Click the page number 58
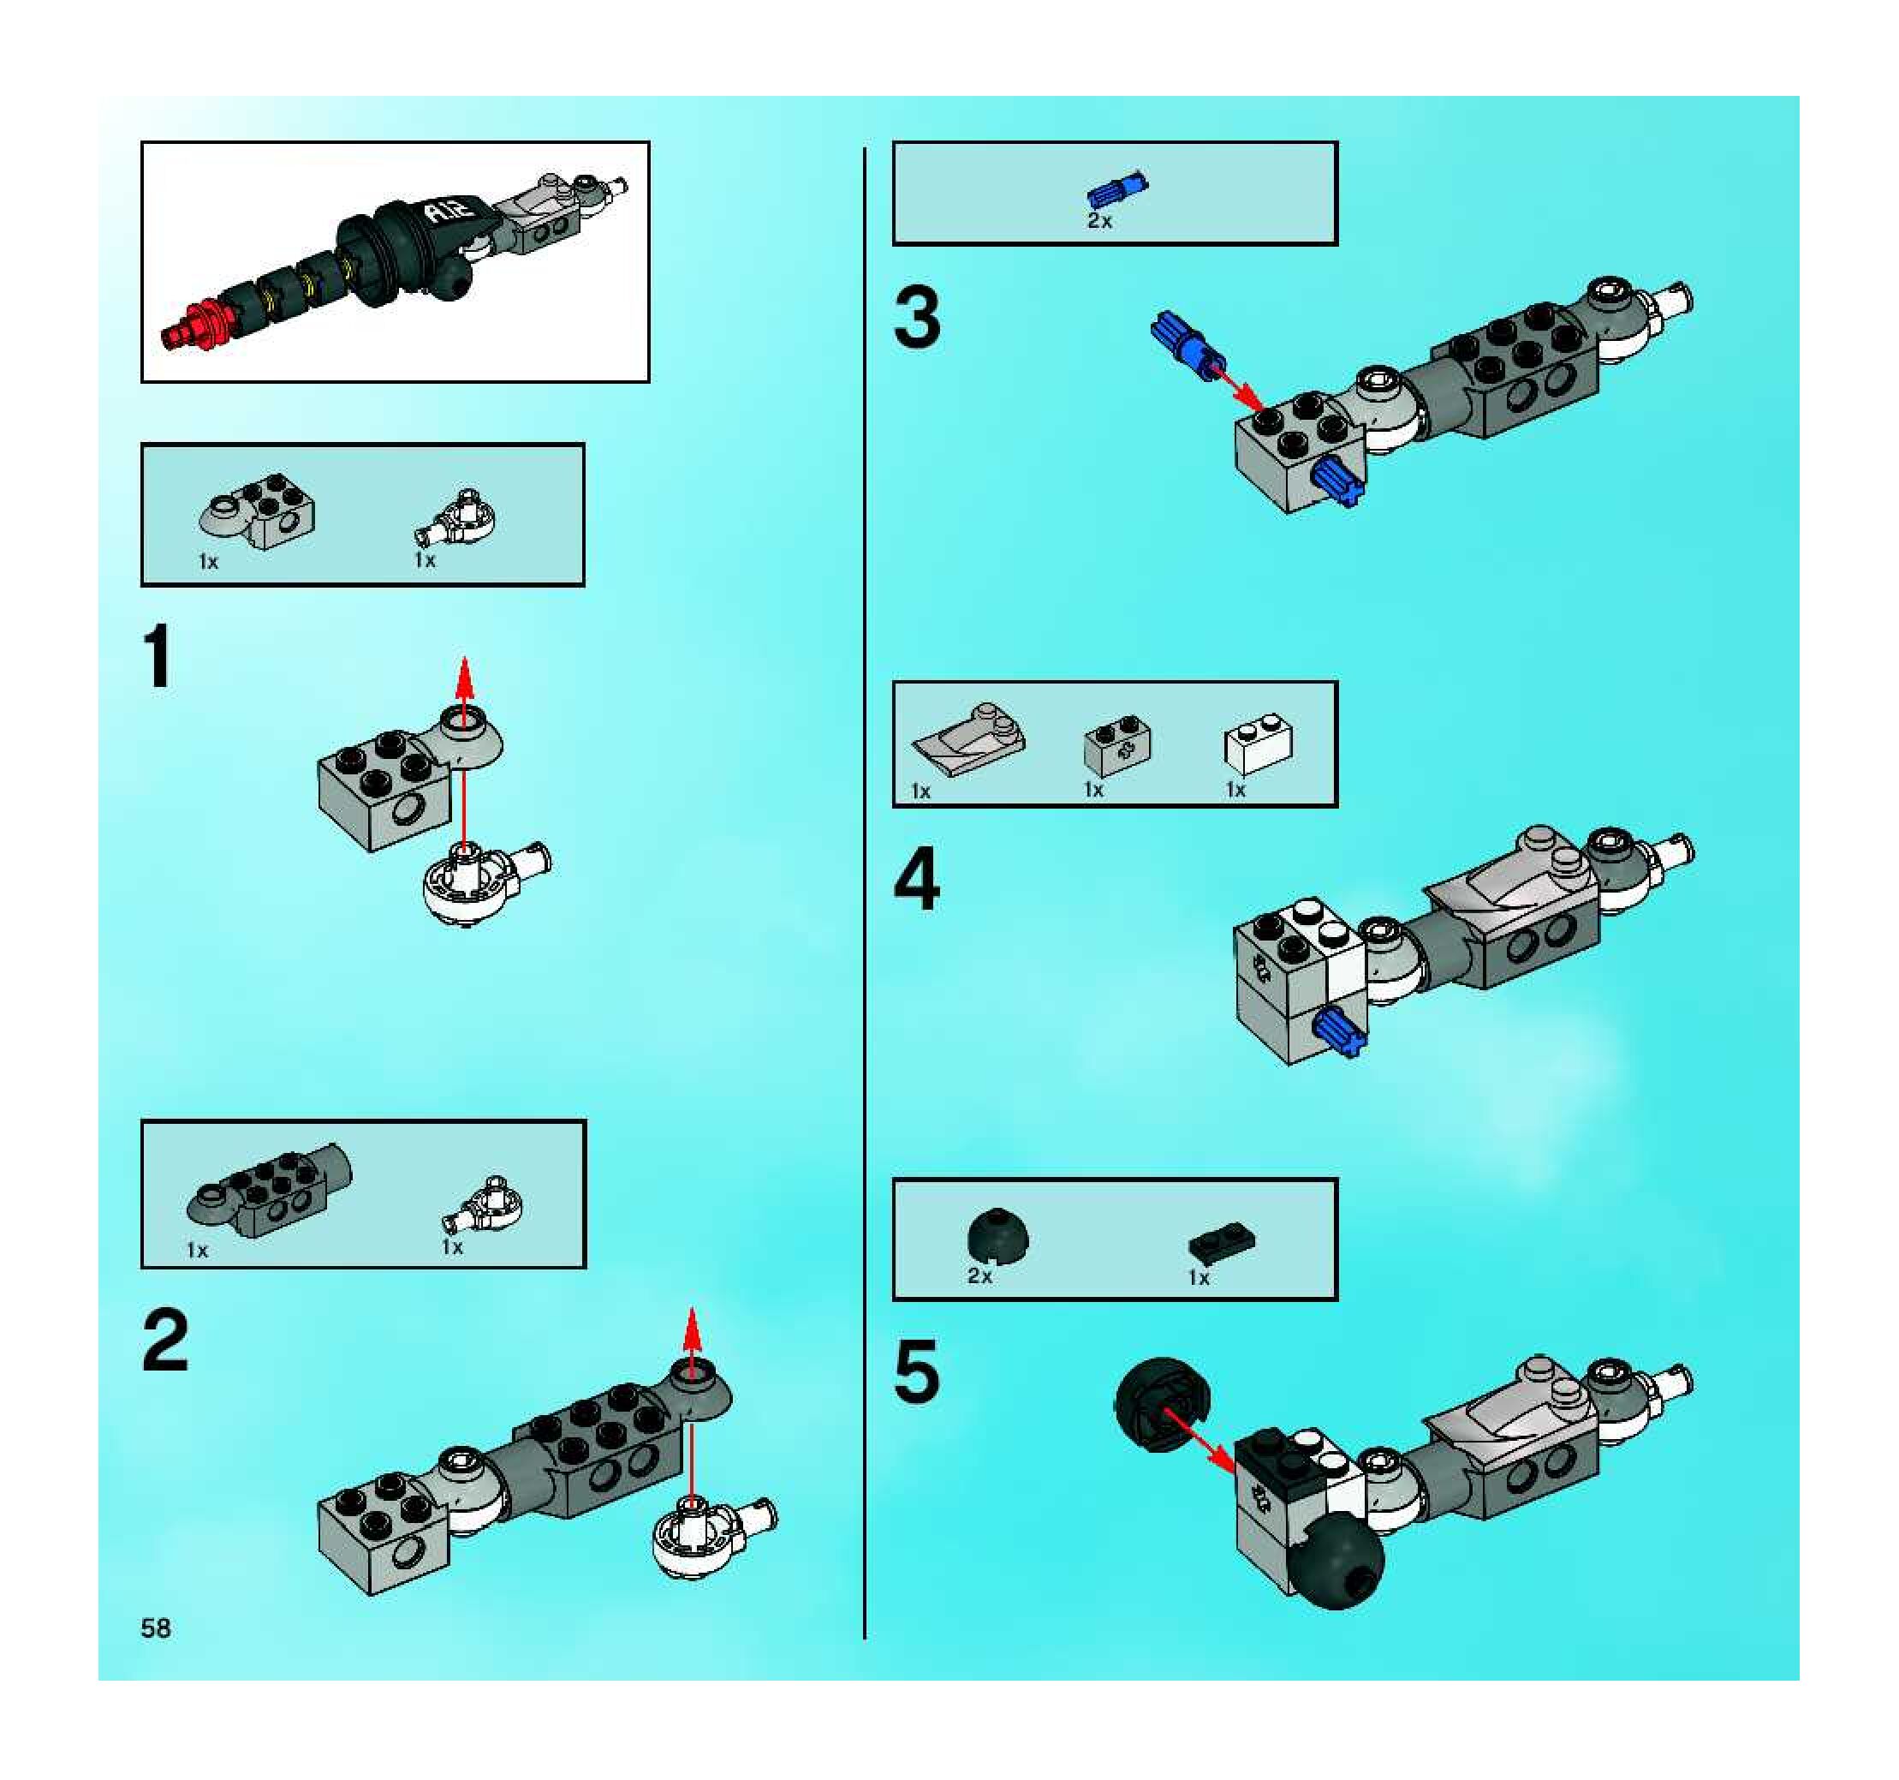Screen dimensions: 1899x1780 click(156, 1628)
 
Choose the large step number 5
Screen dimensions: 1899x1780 click(917, 1371)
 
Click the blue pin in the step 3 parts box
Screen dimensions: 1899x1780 click(1117, 190)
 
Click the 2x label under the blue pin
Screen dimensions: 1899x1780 click(1099, 221)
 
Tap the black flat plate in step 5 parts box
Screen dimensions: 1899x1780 click(1222, 1242)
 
